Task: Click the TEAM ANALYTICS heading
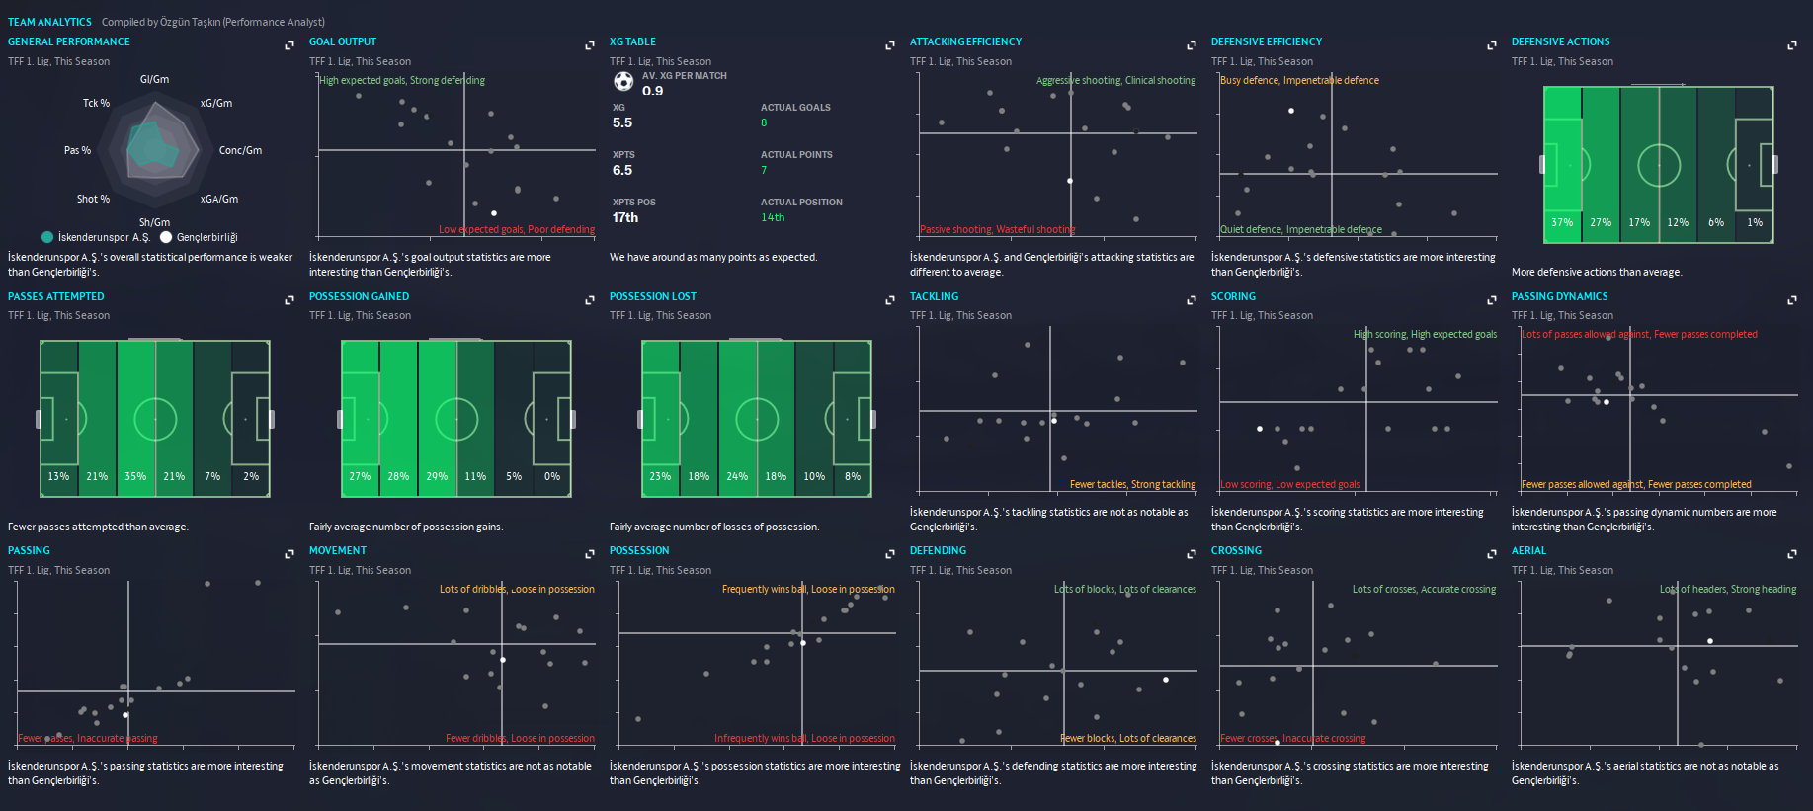tap(49, 22)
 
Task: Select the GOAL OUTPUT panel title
tap(342, 41)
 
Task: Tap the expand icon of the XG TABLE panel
tap(890, 45)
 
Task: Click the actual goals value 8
tap(764, 122)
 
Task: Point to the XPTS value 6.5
tap(622, 170)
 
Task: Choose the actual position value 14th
tap(773, 217)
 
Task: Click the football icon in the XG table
tap(623, 81)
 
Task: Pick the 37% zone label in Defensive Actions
tap(1562, 222)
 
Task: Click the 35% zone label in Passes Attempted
tap(135, 476)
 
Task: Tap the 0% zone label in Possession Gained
tap(552, 476)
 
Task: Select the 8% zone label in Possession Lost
tap(853, 476)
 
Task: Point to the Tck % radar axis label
tap(96, 103)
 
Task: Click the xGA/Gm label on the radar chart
tap(219, 199)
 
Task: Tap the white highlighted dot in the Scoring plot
tap(1260, 429)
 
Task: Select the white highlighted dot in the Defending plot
tap(1166, 680)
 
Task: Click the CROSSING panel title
tap(1236, 550)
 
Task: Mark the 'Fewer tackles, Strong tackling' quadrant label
tap(1132, 484)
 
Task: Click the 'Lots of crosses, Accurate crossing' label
tap(1424, 589)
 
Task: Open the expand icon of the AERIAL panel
tap(1792, 554)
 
